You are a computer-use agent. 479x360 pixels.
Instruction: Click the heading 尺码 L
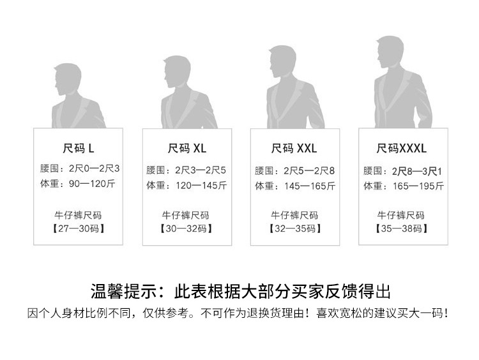[x=79, y=149]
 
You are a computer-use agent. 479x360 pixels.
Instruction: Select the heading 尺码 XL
[x=187, y=149]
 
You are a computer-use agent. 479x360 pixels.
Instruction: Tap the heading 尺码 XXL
[x=294, y=149]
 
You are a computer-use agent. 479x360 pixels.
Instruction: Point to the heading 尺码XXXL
[x=402, y=149]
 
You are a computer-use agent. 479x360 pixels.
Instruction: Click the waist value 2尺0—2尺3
[x=93, y=170]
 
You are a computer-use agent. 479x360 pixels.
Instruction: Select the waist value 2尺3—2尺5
[x=201, y=170]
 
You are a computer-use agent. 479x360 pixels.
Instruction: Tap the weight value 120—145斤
[x=201, y=186]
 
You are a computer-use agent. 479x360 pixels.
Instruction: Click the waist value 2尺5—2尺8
[x=309, y=170]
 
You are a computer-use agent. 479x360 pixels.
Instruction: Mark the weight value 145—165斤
[x=309, y=186]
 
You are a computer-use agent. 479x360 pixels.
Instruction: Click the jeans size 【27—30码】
[x=78, y=228]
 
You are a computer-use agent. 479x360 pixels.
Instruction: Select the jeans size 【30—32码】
[x=186, y=228]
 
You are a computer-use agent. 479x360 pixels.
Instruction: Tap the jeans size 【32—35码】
[x=294, y=228]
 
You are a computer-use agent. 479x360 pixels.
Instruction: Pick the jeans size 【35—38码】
[x=402, y=228]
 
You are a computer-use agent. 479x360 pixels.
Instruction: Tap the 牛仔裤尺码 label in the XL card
[x=186, y=215]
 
